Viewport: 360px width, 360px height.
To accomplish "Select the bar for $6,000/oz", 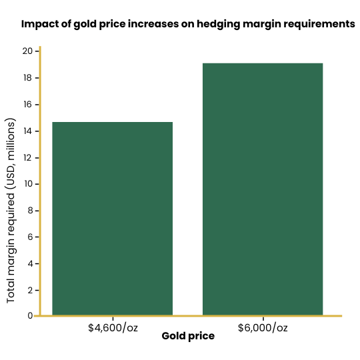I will tap(263, 189).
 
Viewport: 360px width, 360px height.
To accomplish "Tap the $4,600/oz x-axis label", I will tap(113, 327).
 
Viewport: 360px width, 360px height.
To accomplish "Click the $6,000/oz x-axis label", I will tap(263, 327).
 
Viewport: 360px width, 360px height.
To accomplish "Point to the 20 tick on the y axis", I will tap(27, 51).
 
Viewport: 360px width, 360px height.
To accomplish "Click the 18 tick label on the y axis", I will tap(27, 78).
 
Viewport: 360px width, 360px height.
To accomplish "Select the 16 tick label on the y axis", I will tap(27, 105).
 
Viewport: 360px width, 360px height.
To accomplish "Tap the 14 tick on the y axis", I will tap(27, 131).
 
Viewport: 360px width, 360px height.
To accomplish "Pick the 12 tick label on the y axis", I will tap(27, 157).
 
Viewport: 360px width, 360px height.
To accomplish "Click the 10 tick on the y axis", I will tap(27, 184).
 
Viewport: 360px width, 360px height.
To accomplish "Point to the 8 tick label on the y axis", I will tap(30, 211).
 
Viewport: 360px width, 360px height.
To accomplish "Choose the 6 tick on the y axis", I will tap(30, 237).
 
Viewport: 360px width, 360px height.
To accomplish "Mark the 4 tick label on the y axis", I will tap(30, 263).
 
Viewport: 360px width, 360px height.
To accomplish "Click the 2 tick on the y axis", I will tap(30, 290).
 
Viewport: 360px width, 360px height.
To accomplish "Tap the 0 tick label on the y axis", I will tap(30, 316).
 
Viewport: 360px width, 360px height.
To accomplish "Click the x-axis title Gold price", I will tap(188, 336).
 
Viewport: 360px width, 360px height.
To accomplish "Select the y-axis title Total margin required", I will tap(11, 211).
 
